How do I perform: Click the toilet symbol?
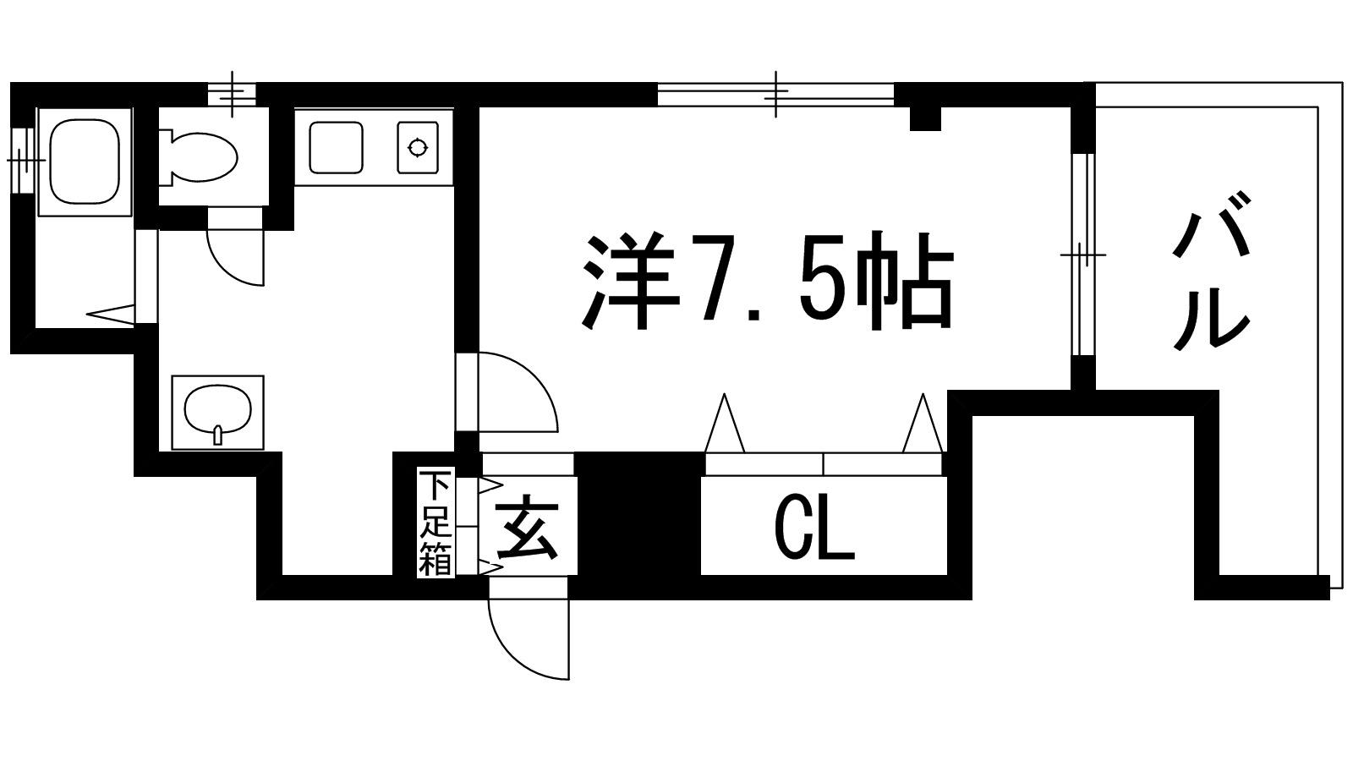[x=198, y=157]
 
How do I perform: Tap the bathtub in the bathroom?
[x=84, y=162]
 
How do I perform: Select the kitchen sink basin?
[x=337, y=147]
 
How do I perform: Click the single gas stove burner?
[x=418, y=147]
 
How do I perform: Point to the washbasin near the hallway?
[x=217, y=413]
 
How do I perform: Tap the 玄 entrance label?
[x=526, y=528]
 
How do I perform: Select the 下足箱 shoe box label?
[x=435, y=523]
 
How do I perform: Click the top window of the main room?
[x=776, y=95]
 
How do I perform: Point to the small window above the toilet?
[x=233, y=94]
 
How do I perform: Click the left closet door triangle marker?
[x=724, y=423]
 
